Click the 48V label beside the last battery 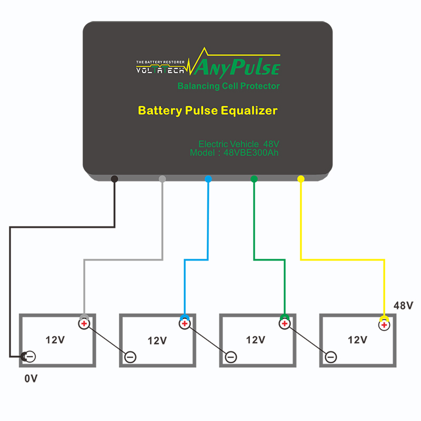tap(404, 305)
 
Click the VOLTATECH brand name tap(160, 69)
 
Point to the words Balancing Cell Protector tap(228, 86)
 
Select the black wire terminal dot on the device tap(115, 179)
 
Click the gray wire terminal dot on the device tap(162, 179)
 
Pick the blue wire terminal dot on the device tap(208, 179)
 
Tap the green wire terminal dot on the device tap(254, 179)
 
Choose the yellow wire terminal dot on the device tap(300, 179)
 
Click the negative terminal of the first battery tap(30, 357)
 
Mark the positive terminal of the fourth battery tap(384, 324)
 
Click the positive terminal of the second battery tap(184, 324)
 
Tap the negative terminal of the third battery tap(230, 357)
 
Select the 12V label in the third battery tap(256, 340)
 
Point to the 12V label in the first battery tap(55, 340)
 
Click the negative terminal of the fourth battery tap(330, 357)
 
